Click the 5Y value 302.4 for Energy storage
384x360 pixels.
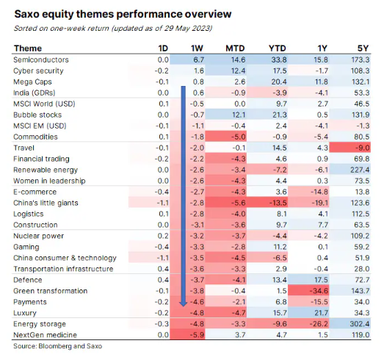(360, 324)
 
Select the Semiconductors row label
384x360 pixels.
(41, 60)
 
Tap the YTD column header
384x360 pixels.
(278, 48)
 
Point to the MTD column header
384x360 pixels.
(235, 48)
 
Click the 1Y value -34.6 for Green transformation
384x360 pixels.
(319, 291)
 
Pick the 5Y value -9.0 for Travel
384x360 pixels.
(363, 148)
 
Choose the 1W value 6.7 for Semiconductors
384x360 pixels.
(199, 60)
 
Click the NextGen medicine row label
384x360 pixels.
(45, 335)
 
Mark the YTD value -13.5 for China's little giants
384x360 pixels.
(278, 203)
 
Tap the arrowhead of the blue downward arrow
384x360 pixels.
(183, 304)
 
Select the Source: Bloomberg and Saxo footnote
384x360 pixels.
(57, 346)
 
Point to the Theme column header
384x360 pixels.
(28, 48)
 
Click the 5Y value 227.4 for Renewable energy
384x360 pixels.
(360, 170)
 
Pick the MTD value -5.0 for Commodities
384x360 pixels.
(239, 137)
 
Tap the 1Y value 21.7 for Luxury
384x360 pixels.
(322, 313)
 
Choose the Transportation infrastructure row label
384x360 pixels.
(63, 269)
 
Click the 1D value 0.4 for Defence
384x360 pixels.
(163, 280)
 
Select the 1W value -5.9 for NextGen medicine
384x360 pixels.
(197, 335)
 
